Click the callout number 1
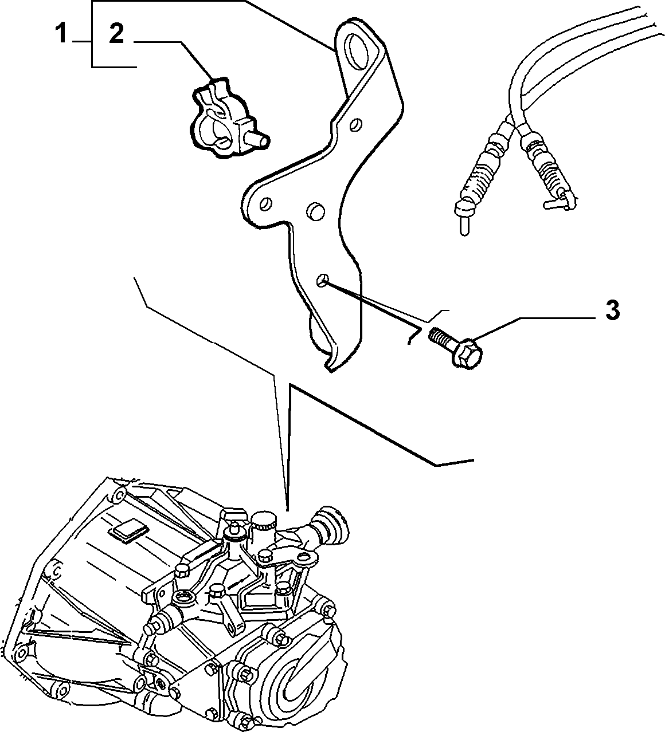61,33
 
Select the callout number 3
612,310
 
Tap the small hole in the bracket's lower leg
322,281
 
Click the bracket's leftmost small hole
265,204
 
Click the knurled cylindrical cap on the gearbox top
264,524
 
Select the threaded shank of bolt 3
441,335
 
